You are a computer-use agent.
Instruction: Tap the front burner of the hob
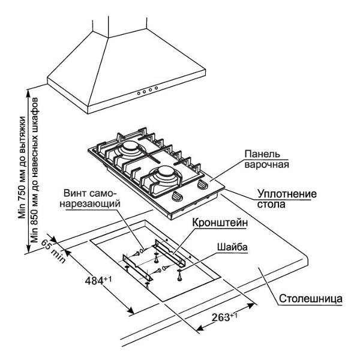[x=164, y=177]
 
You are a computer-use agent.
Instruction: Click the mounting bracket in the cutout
[x=171, y=251]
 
